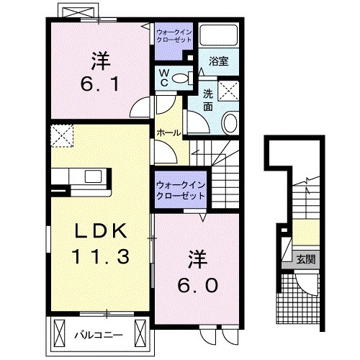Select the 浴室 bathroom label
[x=219, y=61]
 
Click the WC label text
[x=163, y=77]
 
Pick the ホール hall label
[x=169, y=132]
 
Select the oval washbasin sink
[x=231, y=123]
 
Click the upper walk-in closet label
[x=174, y=36]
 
